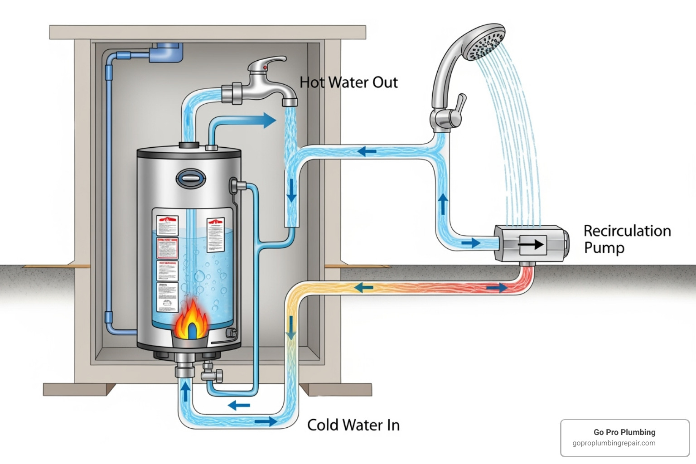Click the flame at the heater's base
pos(192,320)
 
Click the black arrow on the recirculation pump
pos(531,245)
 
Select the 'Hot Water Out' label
pos(348,82)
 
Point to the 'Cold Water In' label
pos(353,425)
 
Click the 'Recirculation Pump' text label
pos(626,239)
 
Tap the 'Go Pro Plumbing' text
pos(624,432)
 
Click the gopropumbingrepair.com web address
pos(614,443)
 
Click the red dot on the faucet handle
pos(265,68)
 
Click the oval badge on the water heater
pos(191,179)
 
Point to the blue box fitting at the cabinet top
pos(168,51)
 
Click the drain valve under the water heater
pos(212,374)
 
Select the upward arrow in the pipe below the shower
pos(443,204)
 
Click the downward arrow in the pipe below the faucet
pos(291,190)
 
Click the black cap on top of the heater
pos(189,145)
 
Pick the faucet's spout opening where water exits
pos(290,103)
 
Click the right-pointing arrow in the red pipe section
pos(497,287)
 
